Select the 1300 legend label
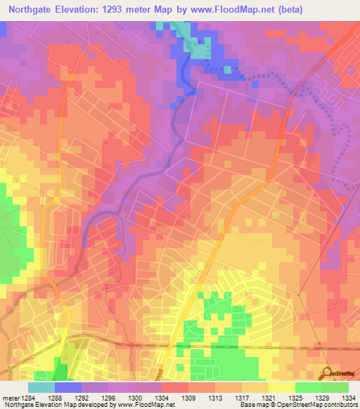[135, 396]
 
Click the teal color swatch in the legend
[41, 387]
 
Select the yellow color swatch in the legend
[282, 387]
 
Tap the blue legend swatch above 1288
[68, 387]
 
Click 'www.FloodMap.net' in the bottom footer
[150, 405]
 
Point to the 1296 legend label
[108, 396]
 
